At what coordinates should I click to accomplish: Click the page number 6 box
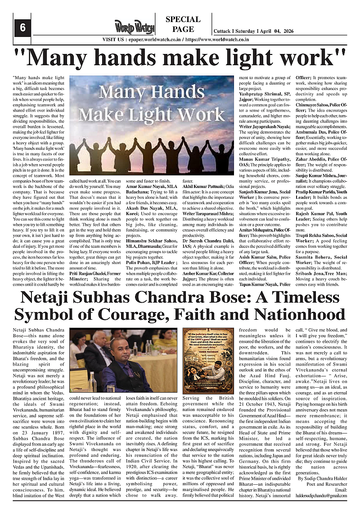point(22,27)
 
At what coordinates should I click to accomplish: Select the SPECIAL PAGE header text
point(183,24)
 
